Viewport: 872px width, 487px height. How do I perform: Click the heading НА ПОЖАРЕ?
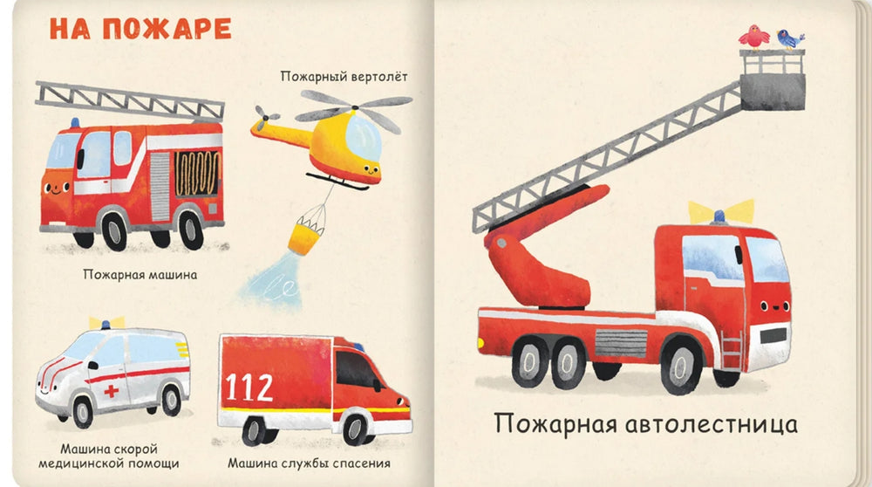pyautogui.click(x=140, y=28)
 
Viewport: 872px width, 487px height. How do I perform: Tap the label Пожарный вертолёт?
pyautogui.click(x=344, y=76)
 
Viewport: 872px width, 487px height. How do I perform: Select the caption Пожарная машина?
pyautogui.click(x=140, y=275)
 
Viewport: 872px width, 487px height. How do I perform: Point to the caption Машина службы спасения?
pyautogui.click(x=309, y=463)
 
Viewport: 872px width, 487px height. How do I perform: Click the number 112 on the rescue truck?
pyautogui.click(x=249, y=387)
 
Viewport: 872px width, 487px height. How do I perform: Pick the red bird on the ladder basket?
pyautogui.click(x=753, y=36)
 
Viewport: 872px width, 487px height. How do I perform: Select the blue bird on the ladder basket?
pyautogui.click(x=790, y=38)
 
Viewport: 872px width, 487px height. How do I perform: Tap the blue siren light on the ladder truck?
pyautogui.click(x=720, y=215)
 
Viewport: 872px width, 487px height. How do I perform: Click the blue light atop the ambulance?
pyautogui.click(x=106, y=324)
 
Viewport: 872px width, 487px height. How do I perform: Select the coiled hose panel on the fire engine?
pyautogui.click(x=198, y=175)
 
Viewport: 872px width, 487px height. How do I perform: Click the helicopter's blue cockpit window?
pyautogui.click(x=364, y=135)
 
